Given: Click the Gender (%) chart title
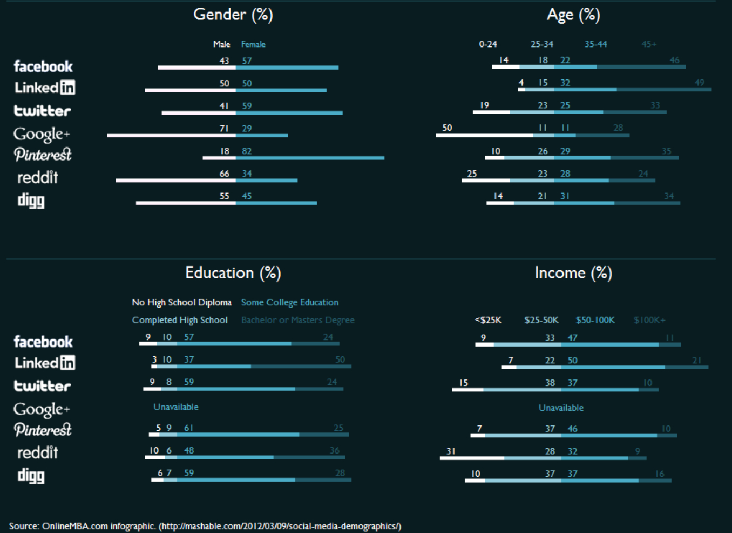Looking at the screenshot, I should [233, 15].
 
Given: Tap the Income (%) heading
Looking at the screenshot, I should [573, 273].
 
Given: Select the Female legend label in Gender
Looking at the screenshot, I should [253, 44].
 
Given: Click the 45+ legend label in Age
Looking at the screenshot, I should [649, 44].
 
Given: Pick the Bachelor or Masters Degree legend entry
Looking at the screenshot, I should [298, 320].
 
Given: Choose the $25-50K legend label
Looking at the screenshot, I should [541, 320].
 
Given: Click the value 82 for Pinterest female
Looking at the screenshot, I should [247, 151].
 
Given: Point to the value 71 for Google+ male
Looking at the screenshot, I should [224, 129].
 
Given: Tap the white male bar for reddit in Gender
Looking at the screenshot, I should [175, 180].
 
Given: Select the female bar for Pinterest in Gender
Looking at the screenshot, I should [310, 158].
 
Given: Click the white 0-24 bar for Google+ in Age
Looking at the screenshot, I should [484, 135].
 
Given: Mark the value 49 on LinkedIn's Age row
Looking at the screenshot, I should [700, 83].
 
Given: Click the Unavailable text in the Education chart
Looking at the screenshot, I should [176, 407].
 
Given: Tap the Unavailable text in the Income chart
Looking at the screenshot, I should [561, 408].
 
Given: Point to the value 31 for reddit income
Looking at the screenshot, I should [451, 451].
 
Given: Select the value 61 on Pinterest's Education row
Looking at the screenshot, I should [188, 428].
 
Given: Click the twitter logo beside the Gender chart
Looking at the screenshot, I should [42, 111].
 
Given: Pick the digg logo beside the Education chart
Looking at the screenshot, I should [31, 476].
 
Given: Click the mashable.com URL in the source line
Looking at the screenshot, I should [280, 526].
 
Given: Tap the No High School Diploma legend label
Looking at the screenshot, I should [181, 303].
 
